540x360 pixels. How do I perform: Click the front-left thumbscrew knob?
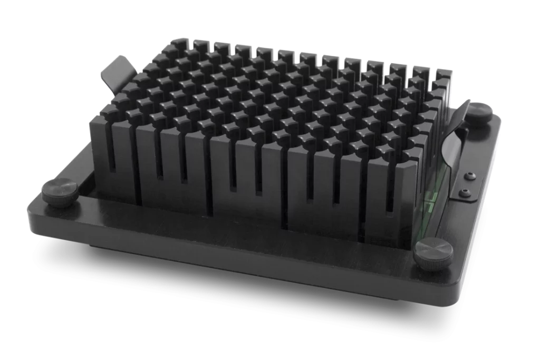(x=60, y=191)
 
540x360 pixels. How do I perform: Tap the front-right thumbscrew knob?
(x=433, y=252)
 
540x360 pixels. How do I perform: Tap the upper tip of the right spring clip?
(x=466, y=103)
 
